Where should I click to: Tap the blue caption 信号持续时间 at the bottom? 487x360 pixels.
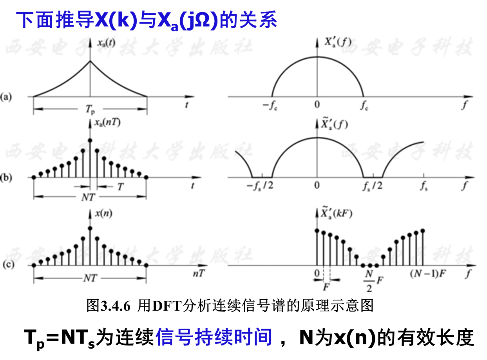(214, 337)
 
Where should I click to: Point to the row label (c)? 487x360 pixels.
(8, 265)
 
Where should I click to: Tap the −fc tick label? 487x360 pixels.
(273, 105)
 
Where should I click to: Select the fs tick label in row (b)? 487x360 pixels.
(424, 186)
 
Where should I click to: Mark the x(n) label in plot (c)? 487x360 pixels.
(103, 214)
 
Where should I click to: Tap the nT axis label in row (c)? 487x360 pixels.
(198, 274)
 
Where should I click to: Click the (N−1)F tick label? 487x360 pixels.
(427, 274)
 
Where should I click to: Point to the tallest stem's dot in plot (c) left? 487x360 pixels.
(91, 228)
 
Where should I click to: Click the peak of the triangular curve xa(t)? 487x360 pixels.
(91, 61)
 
